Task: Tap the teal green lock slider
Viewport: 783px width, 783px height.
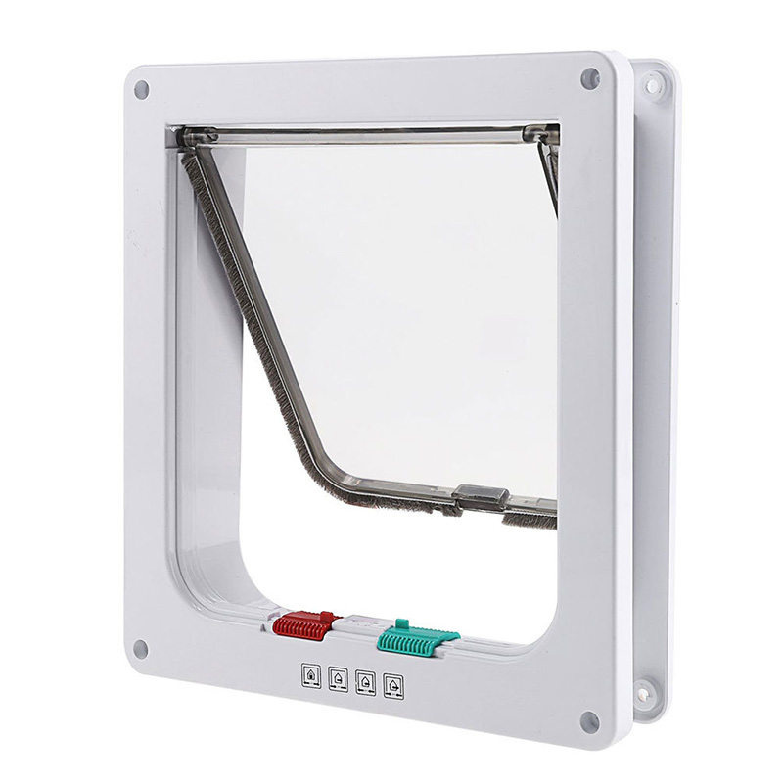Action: [x=416, y=639]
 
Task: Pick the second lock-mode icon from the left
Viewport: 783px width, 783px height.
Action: [x=339, y=676]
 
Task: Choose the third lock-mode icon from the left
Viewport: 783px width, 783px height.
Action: [x=366, y=678]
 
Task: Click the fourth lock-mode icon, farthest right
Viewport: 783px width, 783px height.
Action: [x=393, y=680]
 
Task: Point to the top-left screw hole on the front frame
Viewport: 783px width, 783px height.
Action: [x=141, y=89]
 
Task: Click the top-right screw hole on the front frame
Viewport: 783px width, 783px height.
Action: [x=589, y=79]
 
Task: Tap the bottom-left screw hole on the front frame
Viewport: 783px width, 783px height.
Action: [x=141, y=648]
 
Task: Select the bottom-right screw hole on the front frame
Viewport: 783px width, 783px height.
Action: [x=589, y=722]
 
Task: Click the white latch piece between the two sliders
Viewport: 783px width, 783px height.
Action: [x=354, y=623]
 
